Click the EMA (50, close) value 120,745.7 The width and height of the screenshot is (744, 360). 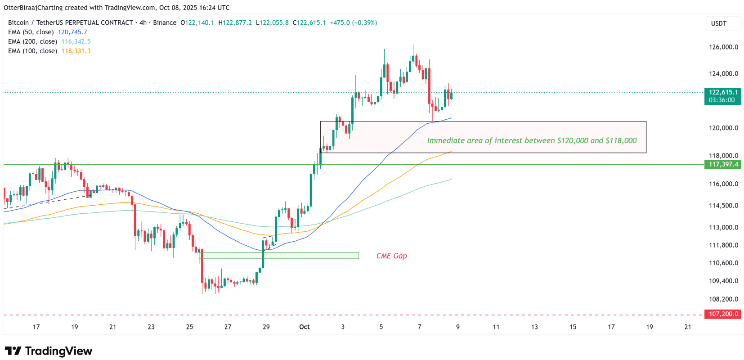[72, 32]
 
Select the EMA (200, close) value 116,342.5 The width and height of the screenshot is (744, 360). [76, 41]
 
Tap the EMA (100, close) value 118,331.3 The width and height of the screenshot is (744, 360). [76, 51]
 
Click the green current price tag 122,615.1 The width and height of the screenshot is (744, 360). [722, 92]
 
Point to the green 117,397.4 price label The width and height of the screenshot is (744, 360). [723, 164]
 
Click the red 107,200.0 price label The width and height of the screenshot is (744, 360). [723, 314]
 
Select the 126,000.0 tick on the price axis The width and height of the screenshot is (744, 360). [723, 47]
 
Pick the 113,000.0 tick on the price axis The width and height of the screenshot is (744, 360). [723, 227]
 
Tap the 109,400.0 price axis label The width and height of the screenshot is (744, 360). [723, 281]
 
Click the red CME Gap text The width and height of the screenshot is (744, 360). [391, 256]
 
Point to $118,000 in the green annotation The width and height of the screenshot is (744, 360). [621, 140]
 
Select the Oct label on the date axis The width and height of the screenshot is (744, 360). [305, 327]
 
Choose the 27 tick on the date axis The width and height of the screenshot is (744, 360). [228, 327]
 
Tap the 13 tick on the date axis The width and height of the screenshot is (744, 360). [534, 327]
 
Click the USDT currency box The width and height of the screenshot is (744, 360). [719, 23]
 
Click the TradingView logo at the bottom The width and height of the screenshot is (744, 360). [49, 351]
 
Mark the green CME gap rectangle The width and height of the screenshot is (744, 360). [279, 256]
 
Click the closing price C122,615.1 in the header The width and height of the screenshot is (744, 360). [309, 22]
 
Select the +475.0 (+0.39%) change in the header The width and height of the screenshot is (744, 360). [354, 22]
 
